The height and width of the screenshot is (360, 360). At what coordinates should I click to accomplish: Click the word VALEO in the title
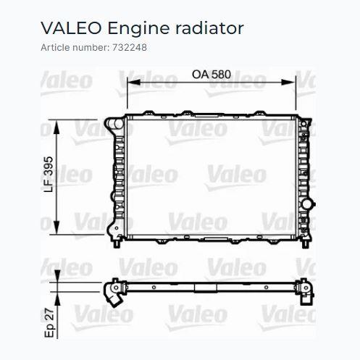(71, 28)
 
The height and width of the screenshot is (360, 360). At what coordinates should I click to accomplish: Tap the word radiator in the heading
(209, 28)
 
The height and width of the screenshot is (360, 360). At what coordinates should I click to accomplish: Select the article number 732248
(130, 47)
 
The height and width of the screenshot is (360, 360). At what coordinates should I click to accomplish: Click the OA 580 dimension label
(212, 75)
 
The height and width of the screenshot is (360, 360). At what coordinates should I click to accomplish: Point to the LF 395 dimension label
(49, 175)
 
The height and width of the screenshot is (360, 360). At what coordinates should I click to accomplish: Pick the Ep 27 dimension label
(49, 323)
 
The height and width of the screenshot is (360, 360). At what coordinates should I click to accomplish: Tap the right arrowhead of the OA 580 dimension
(288, 83)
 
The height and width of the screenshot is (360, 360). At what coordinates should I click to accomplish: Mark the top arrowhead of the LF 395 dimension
(56, 127)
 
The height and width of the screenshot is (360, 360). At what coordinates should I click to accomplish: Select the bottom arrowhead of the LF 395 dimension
(56, 227)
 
